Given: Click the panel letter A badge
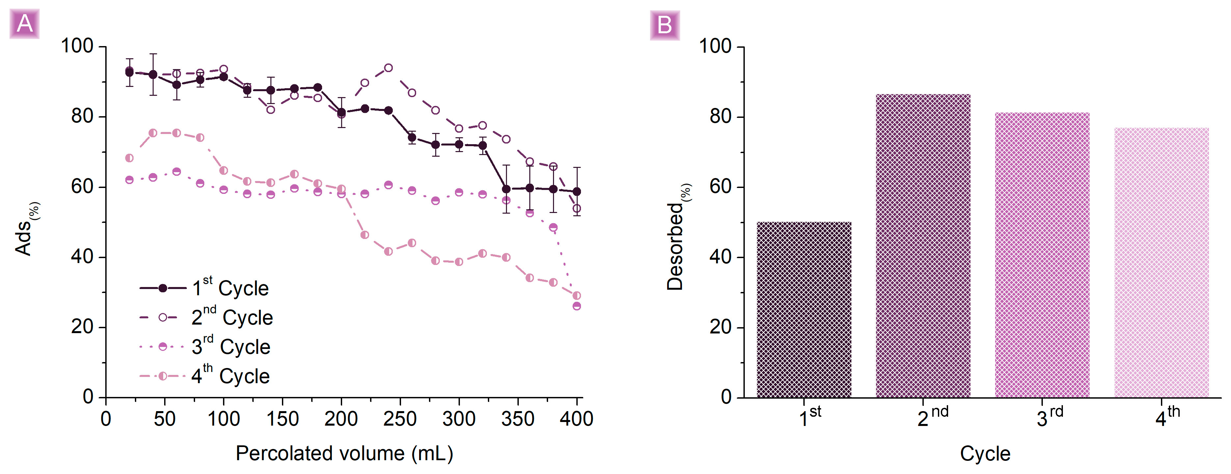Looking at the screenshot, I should pos(24,24).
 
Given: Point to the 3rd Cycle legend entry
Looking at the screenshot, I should pos(206,347).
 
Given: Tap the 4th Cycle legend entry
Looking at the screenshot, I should pos(206,376).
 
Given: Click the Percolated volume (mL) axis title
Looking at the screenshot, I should pos(344,453).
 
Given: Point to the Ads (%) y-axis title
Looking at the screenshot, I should pos(26,229).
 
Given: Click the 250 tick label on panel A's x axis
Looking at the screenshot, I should pos(400,419).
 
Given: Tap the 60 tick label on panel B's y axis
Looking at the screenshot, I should pos(721,187).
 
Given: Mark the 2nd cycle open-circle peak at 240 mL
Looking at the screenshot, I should pos(389,68).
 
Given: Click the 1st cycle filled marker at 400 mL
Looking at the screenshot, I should pos(577,191).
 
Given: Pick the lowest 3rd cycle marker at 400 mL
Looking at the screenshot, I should pos(577,306).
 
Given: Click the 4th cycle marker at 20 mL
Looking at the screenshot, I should pos(129,158).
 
